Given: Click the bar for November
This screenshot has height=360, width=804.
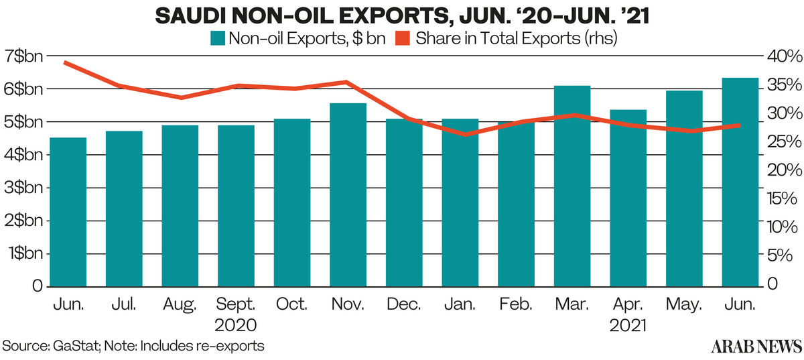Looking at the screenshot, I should (x=348, y=194).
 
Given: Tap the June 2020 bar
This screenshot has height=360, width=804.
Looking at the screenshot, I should (x=68, y=212).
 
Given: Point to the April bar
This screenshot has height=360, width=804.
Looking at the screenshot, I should (x=628, y=198).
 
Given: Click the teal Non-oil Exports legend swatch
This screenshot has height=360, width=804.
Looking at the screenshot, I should (x=216, y=39).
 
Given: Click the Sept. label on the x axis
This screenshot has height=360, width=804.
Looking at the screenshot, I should (x=236, y=305).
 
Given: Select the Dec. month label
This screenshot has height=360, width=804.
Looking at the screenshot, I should (x=404, y=305).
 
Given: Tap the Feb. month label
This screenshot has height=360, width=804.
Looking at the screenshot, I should (x=516, y=305).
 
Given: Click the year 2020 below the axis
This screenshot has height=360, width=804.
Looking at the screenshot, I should (x=236, y=326).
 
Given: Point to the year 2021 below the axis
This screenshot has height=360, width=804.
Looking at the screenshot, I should (x=628, y=326).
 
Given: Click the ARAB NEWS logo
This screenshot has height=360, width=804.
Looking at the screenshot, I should (x=755, y=345).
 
